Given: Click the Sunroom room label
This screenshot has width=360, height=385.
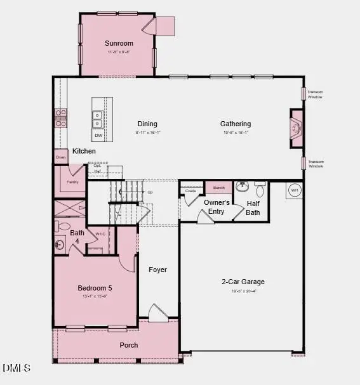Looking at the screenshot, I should coord(119,43).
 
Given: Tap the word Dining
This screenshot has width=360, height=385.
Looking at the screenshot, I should coord(147,124).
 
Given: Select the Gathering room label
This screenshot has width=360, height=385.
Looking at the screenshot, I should coord(236,124).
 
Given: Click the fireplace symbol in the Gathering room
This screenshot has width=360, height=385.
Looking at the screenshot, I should coord(295,129).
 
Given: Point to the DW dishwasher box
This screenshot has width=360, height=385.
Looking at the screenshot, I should coord(98,135).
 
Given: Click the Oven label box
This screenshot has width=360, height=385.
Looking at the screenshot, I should coord(61,157).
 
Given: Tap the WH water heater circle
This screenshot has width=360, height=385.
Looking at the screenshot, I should coord(294,190).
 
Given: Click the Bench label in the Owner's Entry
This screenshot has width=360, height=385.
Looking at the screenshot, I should coord(218,188).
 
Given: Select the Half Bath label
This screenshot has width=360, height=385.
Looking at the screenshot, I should coord(253,208).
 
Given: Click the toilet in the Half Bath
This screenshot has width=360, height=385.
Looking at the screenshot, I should coord(259,189).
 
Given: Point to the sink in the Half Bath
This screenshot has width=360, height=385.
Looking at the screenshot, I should coord(242,187).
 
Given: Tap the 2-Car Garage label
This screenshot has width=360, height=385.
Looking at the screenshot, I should coord(243,282).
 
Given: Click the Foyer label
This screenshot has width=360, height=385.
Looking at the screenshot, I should coord(157,270).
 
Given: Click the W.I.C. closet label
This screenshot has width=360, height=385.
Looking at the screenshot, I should coord(100,233).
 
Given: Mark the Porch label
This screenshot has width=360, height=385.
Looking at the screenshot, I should coord(129,345).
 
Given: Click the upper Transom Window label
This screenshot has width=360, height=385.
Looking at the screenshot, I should coord(316,93).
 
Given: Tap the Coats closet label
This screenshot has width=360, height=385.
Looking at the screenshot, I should coord(190,190).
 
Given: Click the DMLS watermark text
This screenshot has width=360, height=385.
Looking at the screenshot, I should coord(17,368).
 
